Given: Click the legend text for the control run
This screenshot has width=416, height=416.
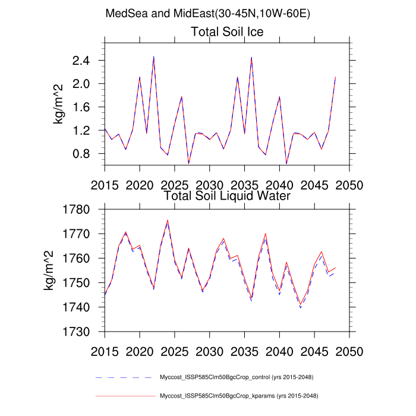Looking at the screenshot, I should [237, 377].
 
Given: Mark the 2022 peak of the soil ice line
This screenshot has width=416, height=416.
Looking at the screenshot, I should [153, 56].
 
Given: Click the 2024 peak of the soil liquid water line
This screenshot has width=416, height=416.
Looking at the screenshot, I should [168, 220].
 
